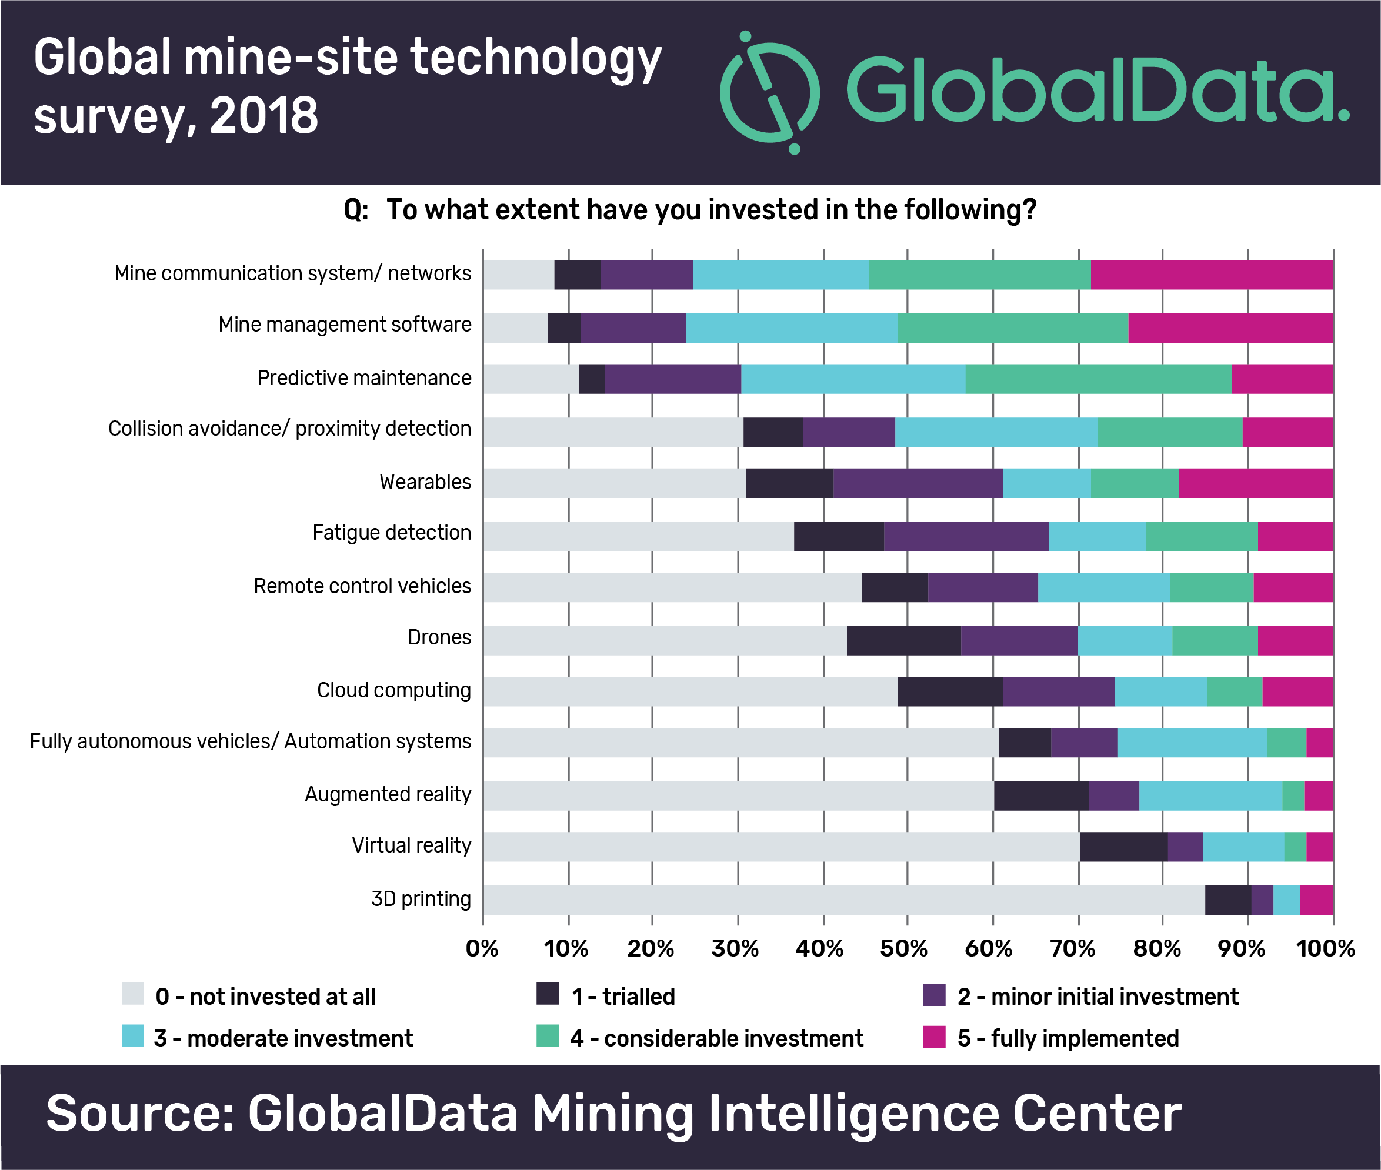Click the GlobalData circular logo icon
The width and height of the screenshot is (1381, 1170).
click(x=770, y=92)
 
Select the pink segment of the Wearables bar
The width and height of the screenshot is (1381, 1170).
click(x=1256, y=483)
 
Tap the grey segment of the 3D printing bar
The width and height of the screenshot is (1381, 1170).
click(x=843, y=900)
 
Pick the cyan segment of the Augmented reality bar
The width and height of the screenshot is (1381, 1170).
click(x=1210, y=795)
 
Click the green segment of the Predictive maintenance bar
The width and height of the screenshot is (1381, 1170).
click(x=1098, y=379)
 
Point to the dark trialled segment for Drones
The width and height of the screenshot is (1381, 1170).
click(x=903, y=640)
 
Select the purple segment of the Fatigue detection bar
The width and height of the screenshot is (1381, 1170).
click(x=966, y=536)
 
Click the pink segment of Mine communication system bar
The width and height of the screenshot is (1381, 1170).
click(x=1211, y=275)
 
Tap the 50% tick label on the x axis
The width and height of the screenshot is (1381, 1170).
click(x=903, y=948)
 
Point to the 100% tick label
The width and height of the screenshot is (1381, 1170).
click(x=1325, y=948)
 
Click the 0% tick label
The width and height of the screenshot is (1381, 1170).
click(x=482, y=948)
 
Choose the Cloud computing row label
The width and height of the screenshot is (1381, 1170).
click(x=393, y=690)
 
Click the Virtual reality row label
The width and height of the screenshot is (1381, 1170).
click(x=412, y=845)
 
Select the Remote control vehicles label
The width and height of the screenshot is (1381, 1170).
click(x=362, y=586)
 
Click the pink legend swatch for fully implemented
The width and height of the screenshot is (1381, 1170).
click(x=934, y=1037)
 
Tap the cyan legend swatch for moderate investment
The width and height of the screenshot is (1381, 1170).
click(x=133, y=1037)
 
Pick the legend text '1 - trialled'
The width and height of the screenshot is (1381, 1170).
click(x=623, y=996)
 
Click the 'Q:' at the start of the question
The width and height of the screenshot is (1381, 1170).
click(x=356, y=210)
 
